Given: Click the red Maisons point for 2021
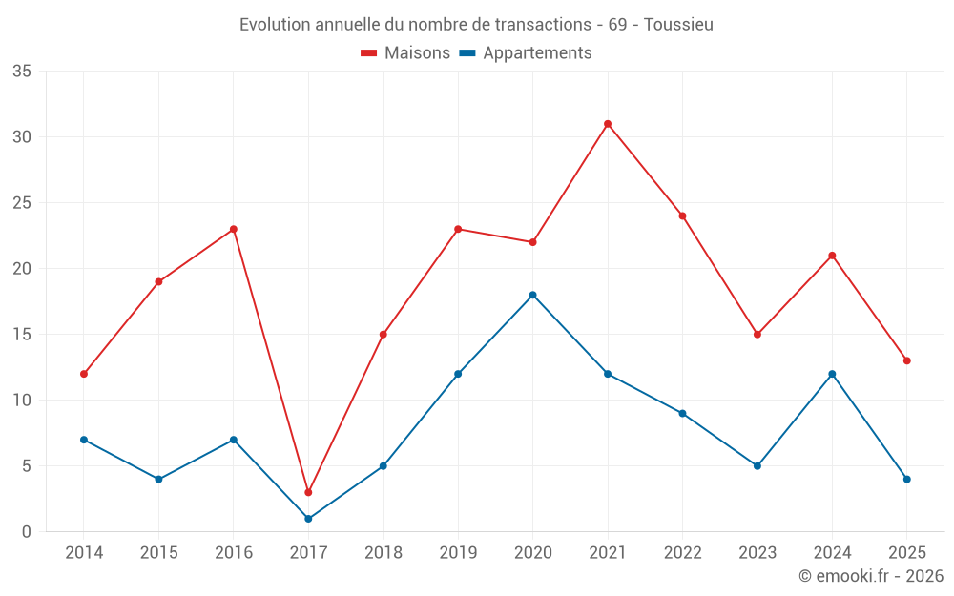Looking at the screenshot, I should (608, 124).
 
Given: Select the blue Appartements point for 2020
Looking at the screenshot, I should (532, 295).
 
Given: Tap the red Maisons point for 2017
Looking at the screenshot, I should (308, 492).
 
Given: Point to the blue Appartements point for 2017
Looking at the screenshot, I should (308, 519).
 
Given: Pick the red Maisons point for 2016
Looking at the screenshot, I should (234, 229).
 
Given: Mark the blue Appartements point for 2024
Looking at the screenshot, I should (832, 374).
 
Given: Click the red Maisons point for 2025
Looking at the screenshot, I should (906, 360).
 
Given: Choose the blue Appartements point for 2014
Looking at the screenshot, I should (84, 440).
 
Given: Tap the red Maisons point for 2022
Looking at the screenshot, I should (682, 216).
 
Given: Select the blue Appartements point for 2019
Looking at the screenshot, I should (458, 374).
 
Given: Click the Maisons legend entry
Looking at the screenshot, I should (405, 53).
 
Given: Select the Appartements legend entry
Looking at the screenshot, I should (526, 53).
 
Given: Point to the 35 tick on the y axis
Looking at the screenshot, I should (22, 72).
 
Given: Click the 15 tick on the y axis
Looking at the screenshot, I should (22, 335).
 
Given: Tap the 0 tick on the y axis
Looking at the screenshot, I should (27, 532).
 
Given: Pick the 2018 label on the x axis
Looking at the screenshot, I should (383, 553).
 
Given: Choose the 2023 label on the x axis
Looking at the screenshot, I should (757, 553).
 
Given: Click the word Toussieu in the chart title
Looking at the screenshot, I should (678, 25).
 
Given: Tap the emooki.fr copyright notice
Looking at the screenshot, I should (870, 576).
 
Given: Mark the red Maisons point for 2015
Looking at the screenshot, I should (158, 281).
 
